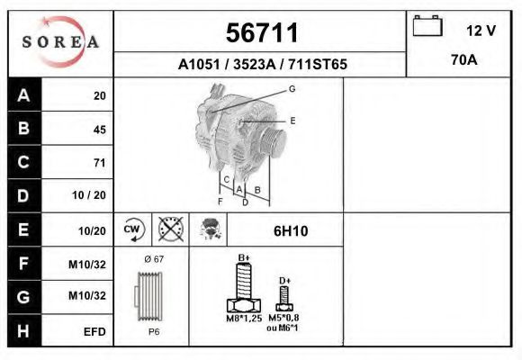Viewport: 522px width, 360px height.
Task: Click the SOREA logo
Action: pos(60,42)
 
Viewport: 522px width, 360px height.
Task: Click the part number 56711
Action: pos(262,32)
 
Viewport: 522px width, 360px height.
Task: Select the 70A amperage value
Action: pos(464,60)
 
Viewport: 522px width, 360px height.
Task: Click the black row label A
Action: pos(24,95)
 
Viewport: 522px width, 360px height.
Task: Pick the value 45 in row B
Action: pos(100,130)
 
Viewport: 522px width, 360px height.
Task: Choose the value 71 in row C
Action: pos(100,163)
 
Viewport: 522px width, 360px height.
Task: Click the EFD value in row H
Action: pos(94,332)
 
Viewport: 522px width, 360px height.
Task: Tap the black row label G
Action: pos(23,297)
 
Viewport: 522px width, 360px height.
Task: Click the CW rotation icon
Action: pos(133,229)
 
